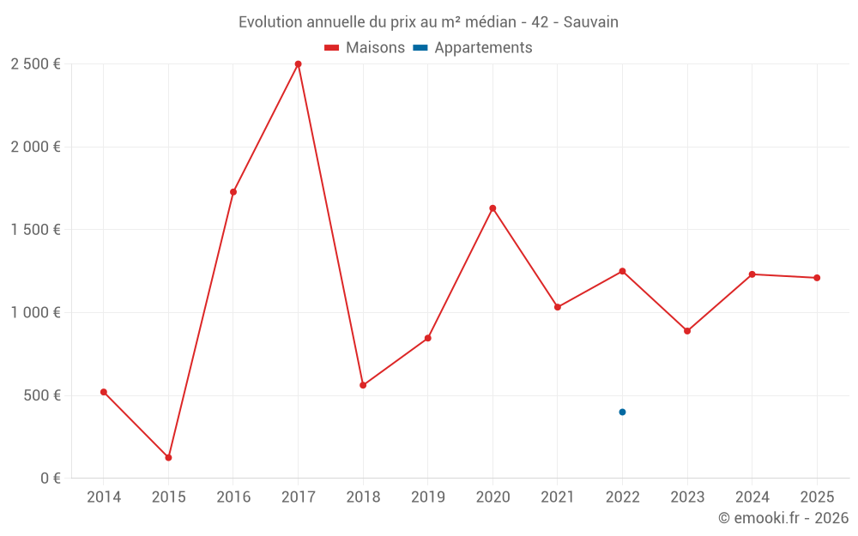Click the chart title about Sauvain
[x=428, y=21]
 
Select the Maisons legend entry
[x=365, y=48]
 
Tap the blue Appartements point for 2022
[x=622, y=412]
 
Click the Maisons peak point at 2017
[x=298, y=64]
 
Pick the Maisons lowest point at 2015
[x=168, y=457]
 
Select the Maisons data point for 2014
[x=104, y=392]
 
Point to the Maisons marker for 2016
[x=233, y=192]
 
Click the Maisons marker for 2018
[x=363, y=385]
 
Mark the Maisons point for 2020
[x=492, y=208]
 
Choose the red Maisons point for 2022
[x=622, y=271]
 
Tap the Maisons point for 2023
[x=687, y=331]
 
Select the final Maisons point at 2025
[x=817, y=278]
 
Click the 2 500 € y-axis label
[x=35, y=64]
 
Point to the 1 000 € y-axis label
[x=35, y=313]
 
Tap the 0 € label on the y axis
[x=47, y=479]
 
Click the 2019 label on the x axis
[x=427, y=497]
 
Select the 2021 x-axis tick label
[x=557, y=497]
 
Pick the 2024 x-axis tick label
[x=752, y=497]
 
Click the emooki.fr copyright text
[x=782, y=518]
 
